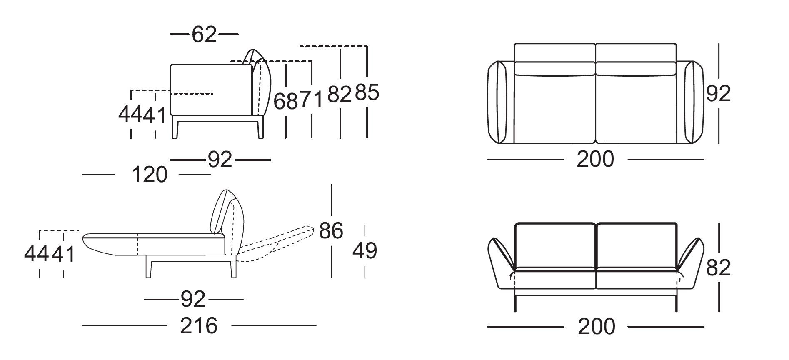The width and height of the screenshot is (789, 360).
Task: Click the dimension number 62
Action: [x=204, y=35]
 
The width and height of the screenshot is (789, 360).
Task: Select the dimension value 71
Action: [x=311, y=100]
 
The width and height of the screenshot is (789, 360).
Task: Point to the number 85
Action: [x=367, y=92]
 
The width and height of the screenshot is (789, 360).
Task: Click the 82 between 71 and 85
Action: [x=340, y=94]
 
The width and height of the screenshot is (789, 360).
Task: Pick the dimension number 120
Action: [x=150, y=175]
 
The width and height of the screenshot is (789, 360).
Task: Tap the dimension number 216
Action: [x=199, y=325]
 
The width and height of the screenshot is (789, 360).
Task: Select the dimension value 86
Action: [x=331, y=230]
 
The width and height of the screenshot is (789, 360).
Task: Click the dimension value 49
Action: [x=365, y=251]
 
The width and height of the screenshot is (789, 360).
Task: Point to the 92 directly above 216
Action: [x=193, y=299]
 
